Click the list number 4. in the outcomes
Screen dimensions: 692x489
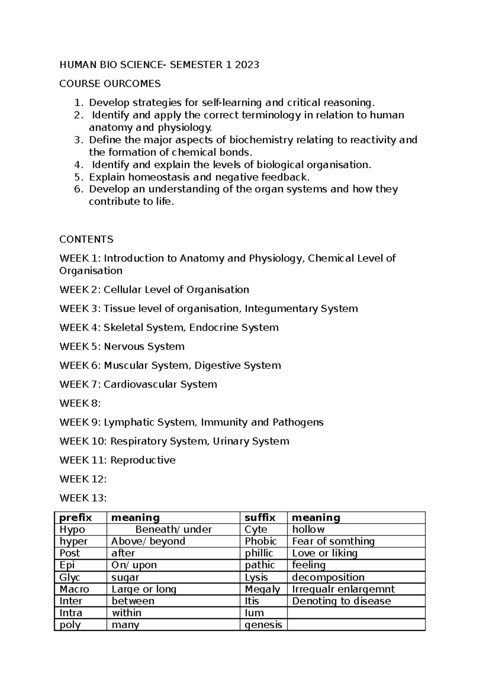coord(78,165)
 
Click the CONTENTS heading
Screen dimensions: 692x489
coord(86,239)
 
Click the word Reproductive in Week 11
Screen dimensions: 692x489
coord(143,460)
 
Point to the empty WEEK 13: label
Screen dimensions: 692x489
coord(83,498)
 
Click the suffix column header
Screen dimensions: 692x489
coord(260,518)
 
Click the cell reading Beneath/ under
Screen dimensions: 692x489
coord(173,530)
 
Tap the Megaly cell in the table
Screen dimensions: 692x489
coord(262,589)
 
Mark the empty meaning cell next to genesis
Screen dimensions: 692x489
coord(355,625)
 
